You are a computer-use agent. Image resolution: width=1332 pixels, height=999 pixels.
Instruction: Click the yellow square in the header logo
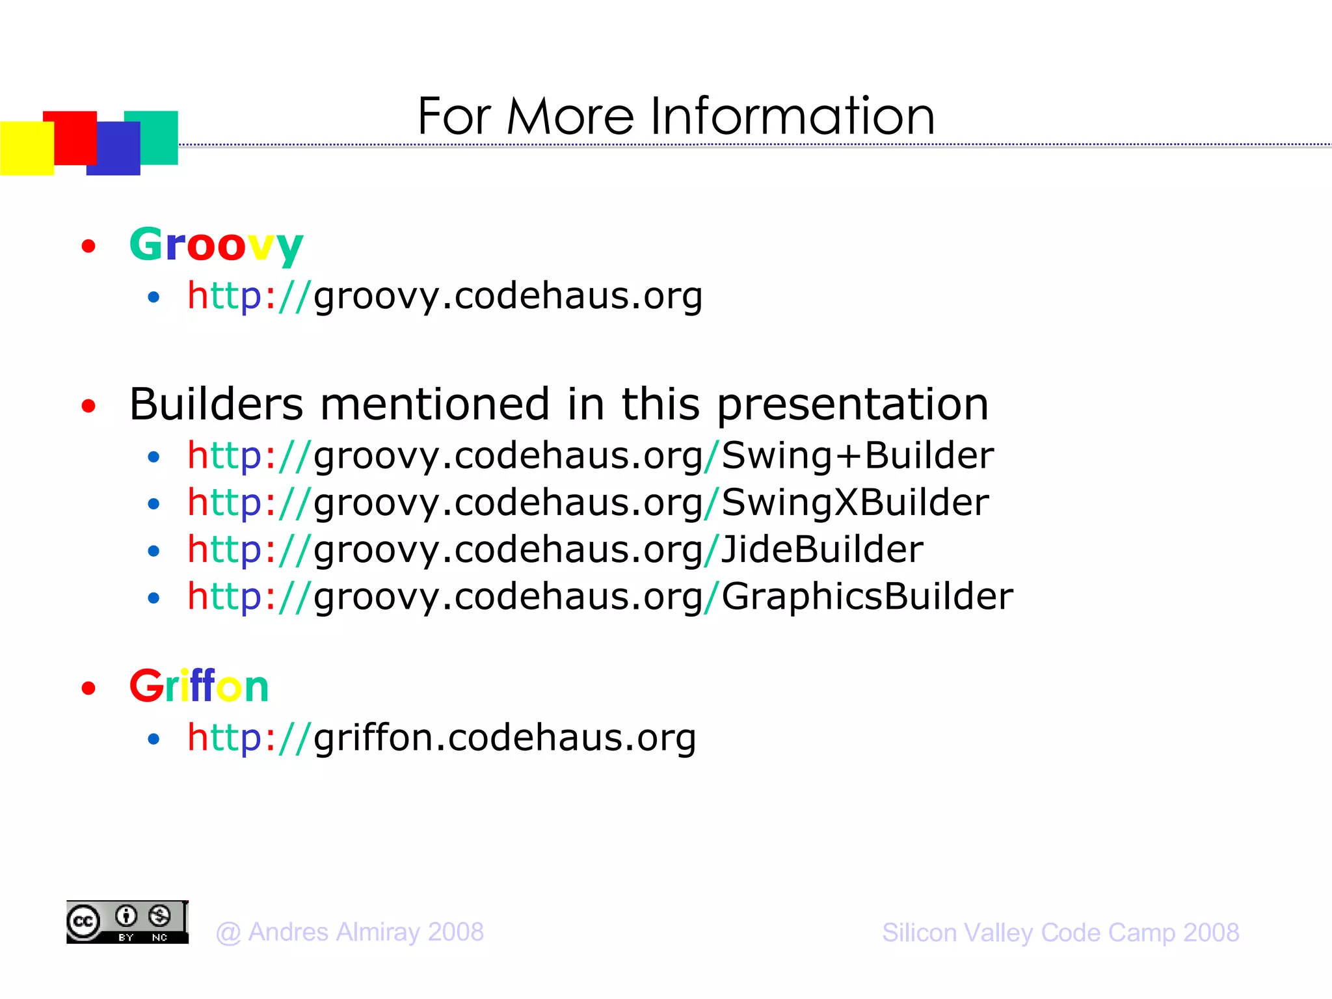pyautogui.click(x=26, y=148)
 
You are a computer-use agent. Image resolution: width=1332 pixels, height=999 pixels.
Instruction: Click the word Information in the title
pyautogui.click(x=792, y=117)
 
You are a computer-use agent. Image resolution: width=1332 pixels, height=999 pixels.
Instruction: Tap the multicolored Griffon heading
pyautogui.click(x=199, y=686)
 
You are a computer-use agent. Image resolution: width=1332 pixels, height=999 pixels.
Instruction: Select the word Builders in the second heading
pyautogui.click(x=216, y=405)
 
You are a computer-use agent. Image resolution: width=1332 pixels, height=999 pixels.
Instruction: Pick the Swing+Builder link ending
pyautogui.click(x=857, y=455)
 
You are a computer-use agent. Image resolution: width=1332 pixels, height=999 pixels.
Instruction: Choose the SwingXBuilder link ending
pyautogui.click(x=855, y=503)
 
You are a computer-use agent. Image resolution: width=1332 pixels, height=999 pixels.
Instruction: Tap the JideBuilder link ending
pyautogui.click(x=822, y=550)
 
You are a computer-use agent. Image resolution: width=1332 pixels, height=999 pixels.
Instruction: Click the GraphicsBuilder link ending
pyautogui.click(x=867, y=596)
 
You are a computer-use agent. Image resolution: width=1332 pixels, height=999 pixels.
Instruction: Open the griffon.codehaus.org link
pyautogui.click(x=442, y=738)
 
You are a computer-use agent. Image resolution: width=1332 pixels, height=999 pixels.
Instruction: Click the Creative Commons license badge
pyautogui.click(x=127, y=922)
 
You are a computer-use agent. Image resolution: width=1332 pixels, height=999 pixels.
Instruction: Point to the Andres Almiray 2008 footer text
pyautogui.click(x=350, y=932)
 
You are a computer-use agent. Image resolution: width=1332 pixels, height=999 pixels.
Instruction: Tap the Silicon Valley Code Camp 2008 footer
pyautogui.click(x=1060, y=933)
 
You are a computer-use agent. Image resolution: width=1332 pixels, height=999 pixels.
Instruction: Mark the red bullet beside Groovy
pyautogui.click(x=88, y=246)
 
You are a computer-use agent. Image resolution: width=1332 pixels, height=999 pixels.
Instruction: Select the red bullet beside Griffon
pyautogui.click(x=88, y=688)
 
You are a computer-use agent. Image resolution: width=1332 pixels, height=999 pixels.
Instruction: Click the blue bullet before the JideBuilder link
pyautogui.click(x=153, y=552)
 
